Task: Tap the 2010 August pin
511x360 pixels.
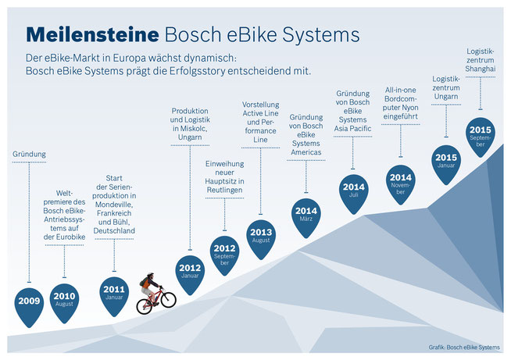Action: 64,302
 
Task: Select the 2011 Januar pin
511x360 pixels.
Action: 114,295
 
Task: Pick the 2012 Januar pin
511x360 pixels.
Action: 190,274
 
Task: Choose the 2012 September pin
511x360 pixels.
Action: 224,255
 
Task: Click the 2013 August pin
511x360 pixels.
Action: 261,238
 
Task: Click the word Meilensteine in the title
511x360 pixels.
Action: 92,34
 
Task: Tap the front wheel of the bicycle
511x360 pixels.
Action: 169,300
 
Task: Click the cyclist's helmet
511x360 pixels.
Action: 150,275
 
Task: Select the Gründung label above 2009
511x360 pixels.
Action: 30,154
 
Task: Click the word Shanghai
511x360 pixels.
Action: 481,69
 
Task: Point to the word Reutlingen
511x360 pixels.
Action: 224,190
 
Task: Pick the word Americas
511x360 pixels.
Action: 306,152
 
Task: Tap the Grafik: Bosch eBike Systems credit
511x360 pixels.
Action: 464,348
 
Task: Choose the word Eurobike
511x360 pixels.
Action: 70,237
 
